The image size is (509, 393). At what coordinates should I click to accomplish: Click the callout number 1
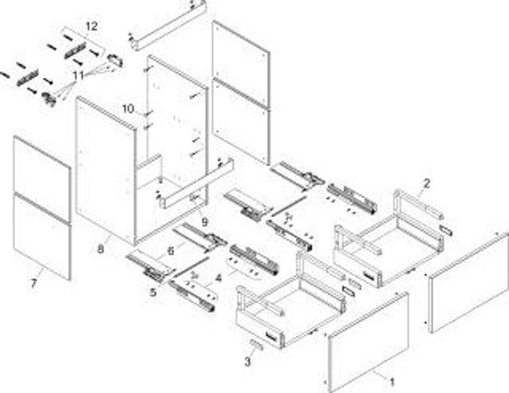392,383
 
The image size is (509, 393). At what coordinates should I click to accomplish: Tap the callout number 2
426,184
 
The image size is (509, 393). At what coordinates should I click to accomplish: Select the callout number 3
248,362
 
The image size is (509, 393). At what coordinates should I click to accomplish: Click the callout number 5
153,293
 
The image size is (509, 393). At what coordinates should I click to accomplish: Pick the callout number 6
170,251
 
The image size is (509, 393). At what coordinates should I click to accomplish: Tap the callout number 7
33,285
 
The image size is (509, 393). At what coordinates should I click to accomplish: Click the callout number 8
100,249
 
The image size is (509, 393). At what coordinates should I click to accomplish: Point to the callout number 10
128,108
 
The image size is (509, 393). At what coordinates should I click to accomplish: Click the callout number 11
78,76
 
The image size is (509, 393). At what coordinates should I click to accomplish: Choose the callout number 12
91,26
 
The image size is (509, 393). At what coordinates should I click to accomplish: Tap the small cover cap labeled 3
254,345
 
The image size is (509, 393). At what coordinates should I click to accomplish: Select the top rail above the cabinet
169,25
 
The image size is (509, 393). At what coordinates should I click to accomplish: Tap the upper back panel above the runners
241,62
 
